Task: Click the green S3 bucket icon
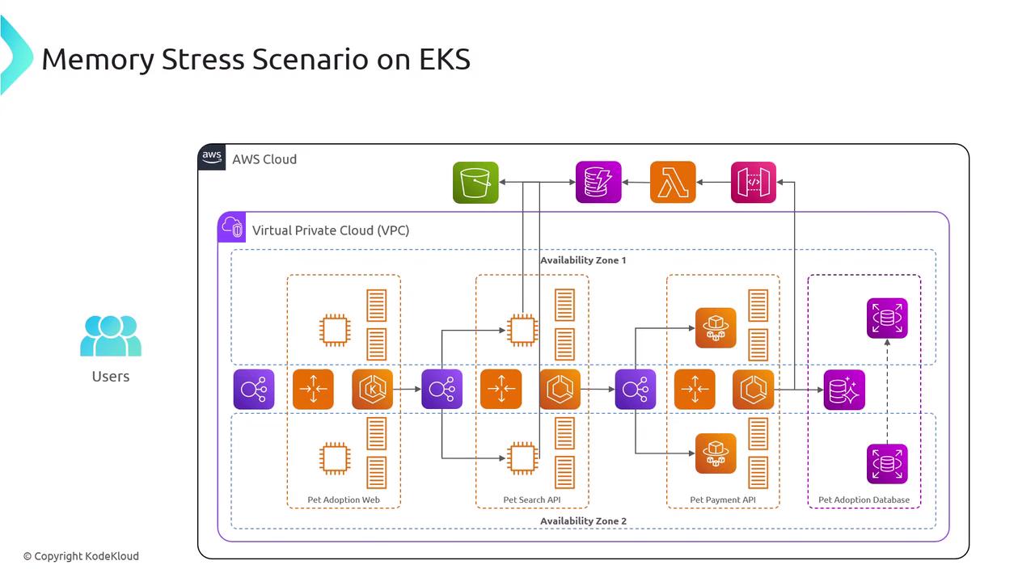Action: (x=475, y=183)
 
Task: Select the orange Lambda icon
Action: (x=673, y=183)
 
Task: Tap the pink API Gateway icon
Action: (x=754, y=183)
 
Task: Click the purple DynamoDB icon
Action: (x=598, y=183)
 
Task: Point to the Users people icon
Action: (x=111, y=335)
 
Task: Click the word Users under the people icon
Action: (x=111, y=376)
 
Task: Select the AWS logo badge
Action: (x=212, y=158)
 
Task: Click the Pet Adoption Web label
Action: (x=344, y=500)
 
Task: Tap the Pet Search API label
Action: (x=532, y=500)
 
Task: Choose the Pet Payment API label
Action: (x=723, y=500)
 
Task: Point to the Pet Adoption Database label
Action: (x=864, y=500)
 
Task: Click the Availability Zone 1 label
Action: (x=583, y=260)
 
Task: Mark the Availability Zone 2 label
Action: (x=583, y=521)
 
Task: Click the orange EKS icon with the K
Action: (x=373, y=390)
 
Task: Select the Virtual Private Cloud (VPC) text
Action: (x=331, y=230)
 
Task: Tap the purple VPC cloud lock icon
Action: (x=232, y=227)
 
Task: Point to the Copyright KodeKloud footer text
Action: (x=81, y=556)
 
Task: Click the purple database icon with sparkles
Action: (x=844, y=390)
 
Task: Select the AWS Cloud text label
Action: (x=264, y=159)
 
